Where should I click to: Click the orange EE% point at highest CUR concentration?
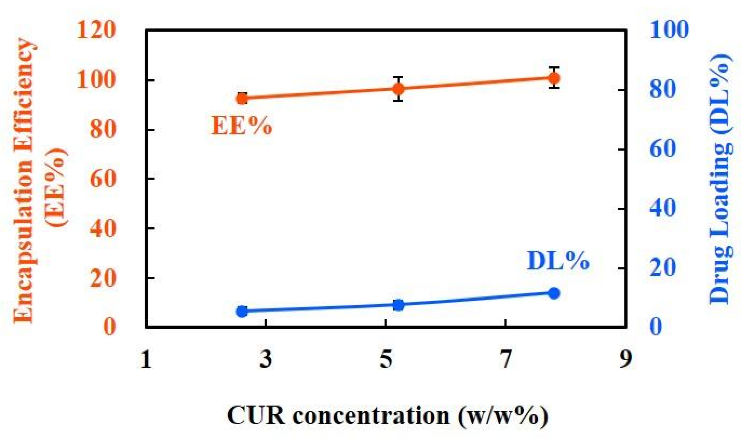tap(554, 78)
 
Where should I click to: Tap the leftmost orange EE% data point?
tap(242, 99)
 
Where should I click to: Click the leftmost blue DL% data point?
tap(242, 311)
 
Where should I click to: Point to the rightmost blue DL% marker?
tap(554, 293)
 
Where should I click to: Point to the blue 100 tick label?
tap(669, 30)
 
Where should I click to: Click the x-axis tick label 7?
tap(505, 359)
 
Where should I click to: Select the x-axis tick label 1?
tap(146, 359)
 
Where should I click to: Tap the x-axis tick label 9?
tap(625, 359)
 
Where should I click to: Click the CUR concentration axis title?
tap(387, 416)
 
